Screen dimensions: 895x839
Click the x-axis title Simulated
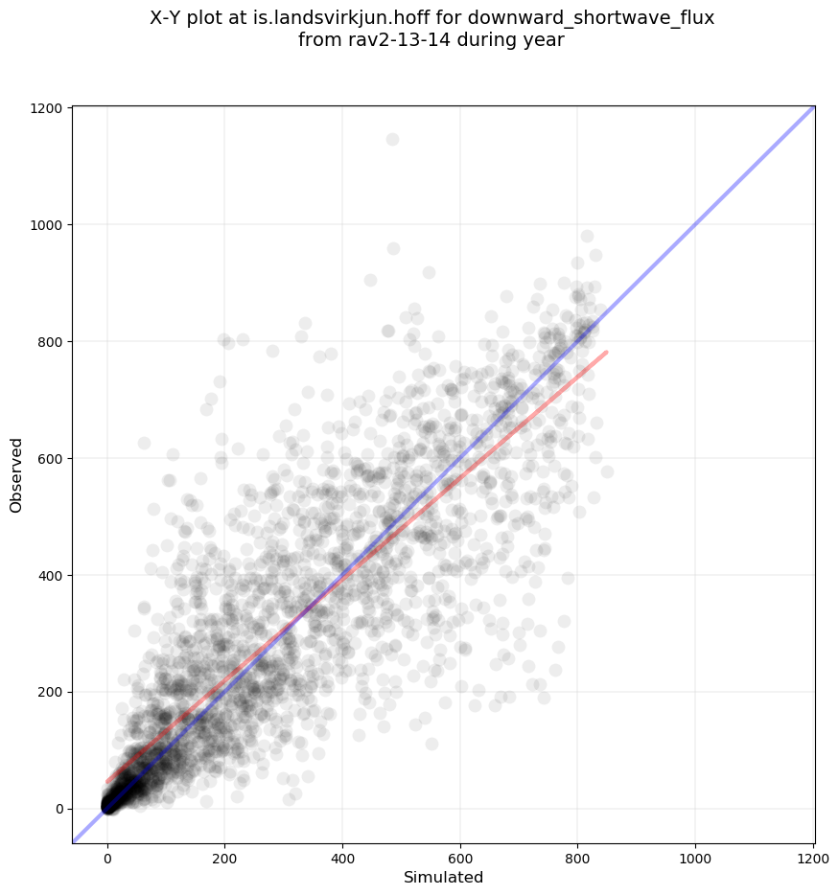443,878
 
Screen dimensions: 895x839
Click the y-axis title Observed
16,474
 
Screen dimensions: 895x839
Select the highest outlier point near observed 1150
392,140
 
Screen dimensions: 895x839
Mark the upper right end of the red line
607,352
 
